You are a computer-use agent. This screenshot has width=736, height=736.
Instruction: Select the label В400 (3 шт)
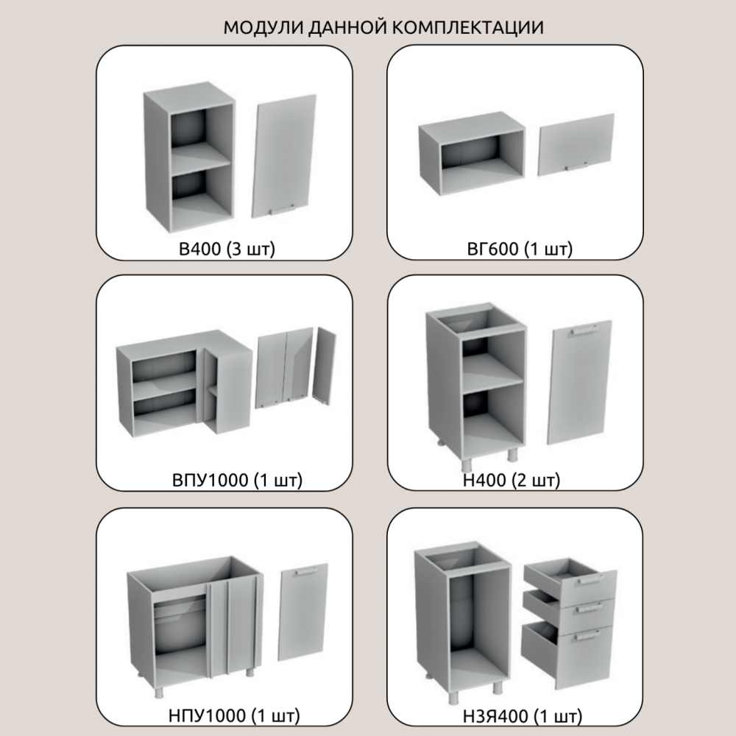227,249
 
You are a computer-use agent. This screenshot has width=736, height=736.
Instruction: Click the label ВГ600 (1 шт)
520,249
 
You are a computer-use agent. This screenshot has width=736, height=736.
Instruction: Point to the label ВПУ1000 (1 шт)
238,480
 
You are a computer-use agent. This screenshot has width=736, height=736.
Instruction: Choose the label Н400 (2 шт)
512,480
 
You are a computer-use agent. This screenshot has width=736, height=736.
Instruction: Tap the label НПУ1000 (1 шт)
234,716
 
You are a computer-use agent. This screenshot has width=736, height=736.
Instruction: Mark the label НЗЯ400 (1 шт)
523,716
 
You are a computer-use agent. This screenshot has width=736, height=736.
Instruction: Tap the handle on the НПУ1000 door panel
306,571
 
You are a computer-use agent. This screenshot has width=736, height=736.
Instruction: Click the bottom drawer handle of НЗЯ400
587,636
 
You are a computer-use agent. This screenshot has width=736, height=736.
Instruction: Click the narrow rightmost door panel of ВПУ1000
325,366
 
